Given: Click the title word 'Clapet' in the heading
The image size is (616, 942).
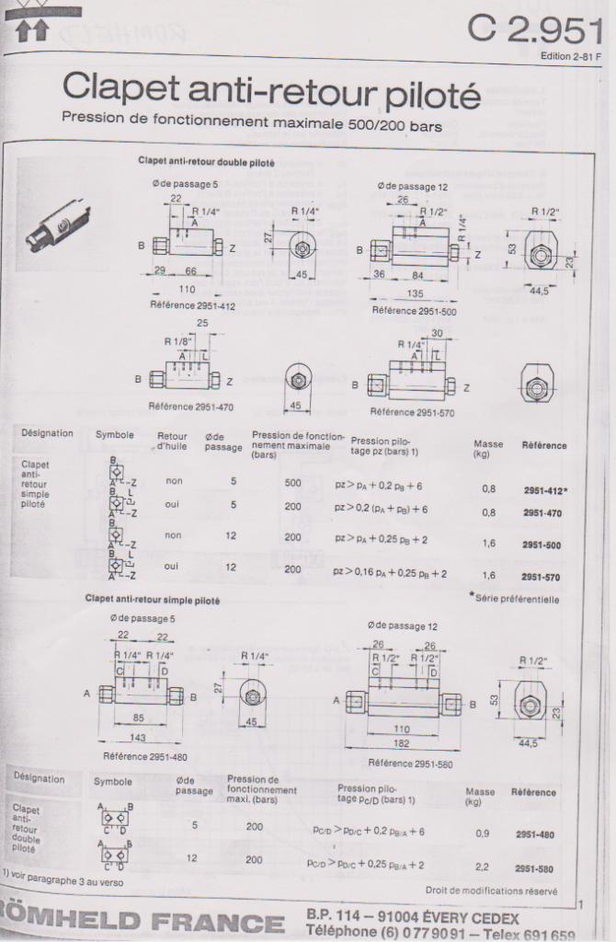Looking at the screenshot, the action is (122, 90).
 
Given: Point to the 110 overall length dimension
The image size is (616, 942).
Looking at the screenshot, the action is (188, 288).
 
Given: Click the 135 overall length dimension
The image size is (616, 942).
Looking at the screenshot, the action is (416, 295).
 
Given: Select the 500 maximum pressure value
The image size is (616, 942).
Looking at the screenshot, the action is (292, 483).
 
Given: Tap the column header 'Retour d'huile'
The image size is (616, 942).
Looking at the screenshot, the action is (172, 442).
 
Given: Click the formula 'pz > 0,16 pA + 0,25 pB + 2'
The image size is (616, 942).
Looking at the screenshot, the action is (390, 573).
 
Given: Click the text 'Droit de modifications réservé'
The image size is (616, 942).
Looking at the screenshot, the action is (491, 890).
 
